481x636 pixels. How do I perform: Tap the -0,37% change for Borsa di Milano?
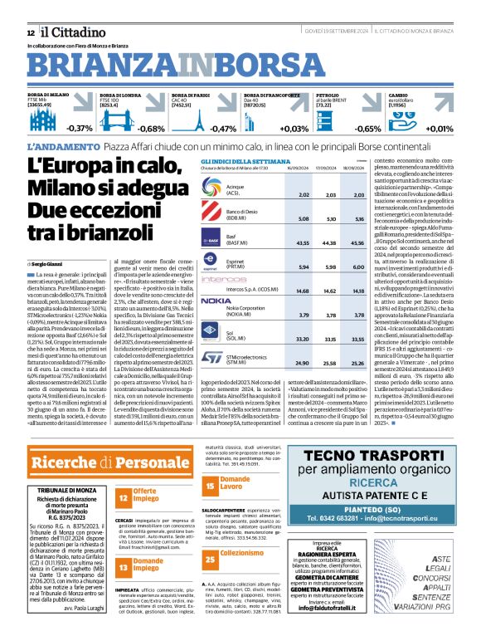pyautogui.click(x=80, y=129)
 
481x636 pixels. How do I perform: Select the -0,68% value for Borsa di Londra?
pyautogui.click(x=151, y=129)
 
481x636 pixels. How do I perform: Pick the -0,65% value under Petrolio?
pyautogui.click(x=367, y=129)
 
